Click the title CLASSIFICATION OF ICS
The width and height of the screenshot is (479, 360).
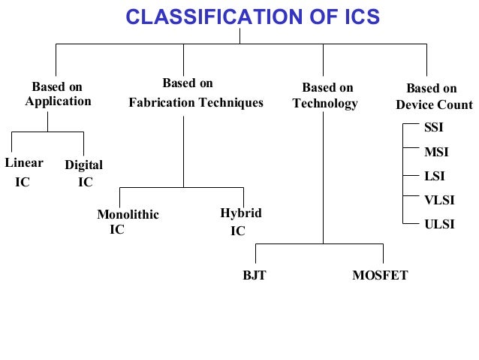[x=252, y=16]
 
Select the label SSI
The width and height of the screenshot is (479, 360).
[x=434, y=127]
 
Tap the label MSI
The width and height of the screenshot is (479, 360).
[x=436, y=152]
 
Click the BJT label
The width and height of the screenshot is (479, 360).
[x=254, y=275]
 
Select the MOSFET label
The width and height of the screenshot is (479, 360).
[x=380, y=275]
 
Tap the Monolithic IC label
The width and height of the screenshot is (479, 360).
[x=128, y=222]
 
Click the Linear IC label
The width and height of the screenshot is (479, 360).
[x=24, y=172]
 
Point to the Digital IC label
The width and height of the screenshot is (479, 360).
[x=84, y=173]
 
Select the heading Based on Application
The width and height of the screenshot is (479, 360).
[x=58, y=94]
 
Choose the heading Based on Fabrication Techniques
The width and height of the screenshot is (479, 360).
[x=196, y=92]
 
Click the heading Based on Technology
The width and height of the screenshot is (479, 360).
[x=327, y=95]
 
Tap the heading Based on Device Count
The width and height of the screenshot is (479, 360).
[x=434, y=96]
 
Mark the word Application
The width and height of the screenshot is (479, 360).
[x=58, y=101]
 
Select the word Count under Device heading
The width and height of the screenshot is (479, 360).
[x=457, y=104]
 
